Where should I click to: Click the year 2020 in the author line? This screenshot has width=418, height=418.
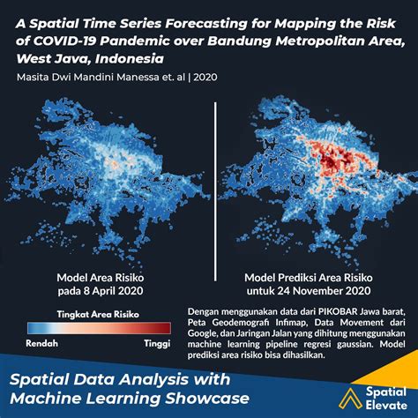pos(204,78)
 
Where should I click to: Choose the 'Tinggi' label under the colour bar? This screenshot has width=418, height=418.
pos(156,344)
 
